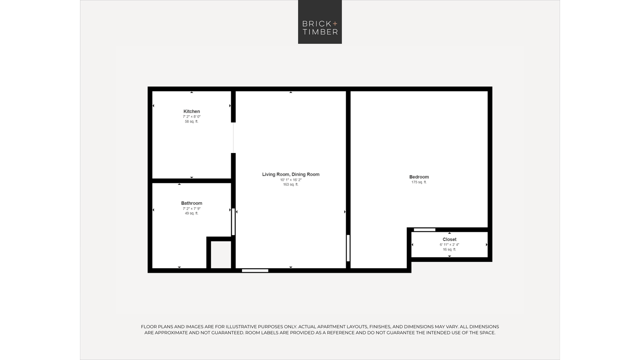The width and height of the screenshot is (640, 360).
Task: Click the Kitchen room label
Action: pyautogui.click(x=191, y=111)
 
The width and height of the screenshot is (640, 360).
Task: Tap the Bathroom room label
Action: pyautogui.click(x=191, y=203)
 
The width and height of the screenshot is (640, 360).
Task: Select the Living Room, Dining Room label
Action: pyautogui.click(x=291, y=174)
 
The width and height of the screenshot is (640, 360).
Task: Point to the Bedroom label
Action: pyautogui.click(x=419, y=177)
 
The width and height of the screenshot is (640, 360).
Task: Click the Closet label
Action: pyautogui.click(x=449, y=239)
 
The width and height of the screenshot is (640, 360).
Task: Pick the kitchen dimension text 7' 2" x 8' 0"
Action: pyautogui.click(x=192, y=117)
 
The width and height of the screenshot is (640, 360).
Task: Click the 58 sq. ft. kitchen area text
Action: pyautogui.click(x=191, y=122)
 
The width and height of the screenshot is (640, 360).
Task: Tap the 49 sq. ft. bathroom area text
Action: pyautogui.click(x=191, y=213)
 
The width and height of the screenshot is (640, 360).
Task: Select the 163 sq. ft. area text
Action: pyautogui.click(x=291, y=185)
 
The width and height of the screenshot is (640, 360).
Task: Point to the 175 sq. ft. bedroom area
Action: pyautogui.click(x=419, y=182)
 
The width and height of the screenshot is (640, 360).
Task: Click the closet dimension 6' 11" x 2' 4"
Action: pyautogui.click(x=449, y=245)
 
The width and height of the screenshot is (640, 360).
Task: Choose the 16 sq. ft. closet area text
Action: pyautogui.click(x=449, y=250)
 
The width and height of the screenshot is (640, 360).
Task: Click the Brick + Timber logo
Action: pyautogui.click(x=320, y=22)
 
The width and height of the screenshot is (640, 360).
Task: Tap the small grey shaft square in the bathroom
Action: pyautogui.click(x=221, y=255)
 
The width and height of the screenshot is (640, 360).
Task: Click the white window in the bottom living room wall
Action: pyautogui.click(x=255, y=271)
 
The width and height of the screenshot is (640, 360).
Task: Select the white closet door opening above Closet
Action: pyautogui.click(x=425, y=230)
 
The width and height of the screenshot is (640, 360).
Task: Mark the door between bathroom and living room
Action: pyautogui.click(x=233, y=222)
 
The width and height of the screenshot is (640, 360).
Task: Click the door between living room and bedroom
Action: pyautogui.click(x=348, y=248)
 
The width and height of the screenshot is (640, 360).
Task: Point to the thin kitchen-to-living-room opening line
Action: pyautogui.click(x=233, y=138)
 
